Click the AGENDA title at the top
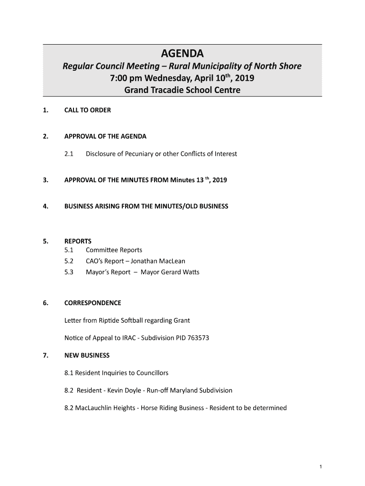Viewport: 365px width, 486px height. (x=182, y=53)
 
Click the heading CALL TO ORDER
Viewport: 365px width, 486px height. (x=88, y=110)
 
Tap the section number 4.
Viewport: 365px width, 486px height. (x=45, y=206)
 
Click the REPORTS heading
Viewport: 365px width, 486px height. (x=78, y=241)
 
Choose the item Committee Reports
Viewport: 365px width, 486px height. (x=114, y=250)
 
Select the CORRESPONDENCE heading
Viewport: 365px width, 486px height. (x=92, y=303)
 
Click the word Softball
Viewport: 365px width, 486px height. (x=124, y=320)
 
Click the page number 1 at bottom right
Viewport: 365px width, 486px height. (x=321, y=467)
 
